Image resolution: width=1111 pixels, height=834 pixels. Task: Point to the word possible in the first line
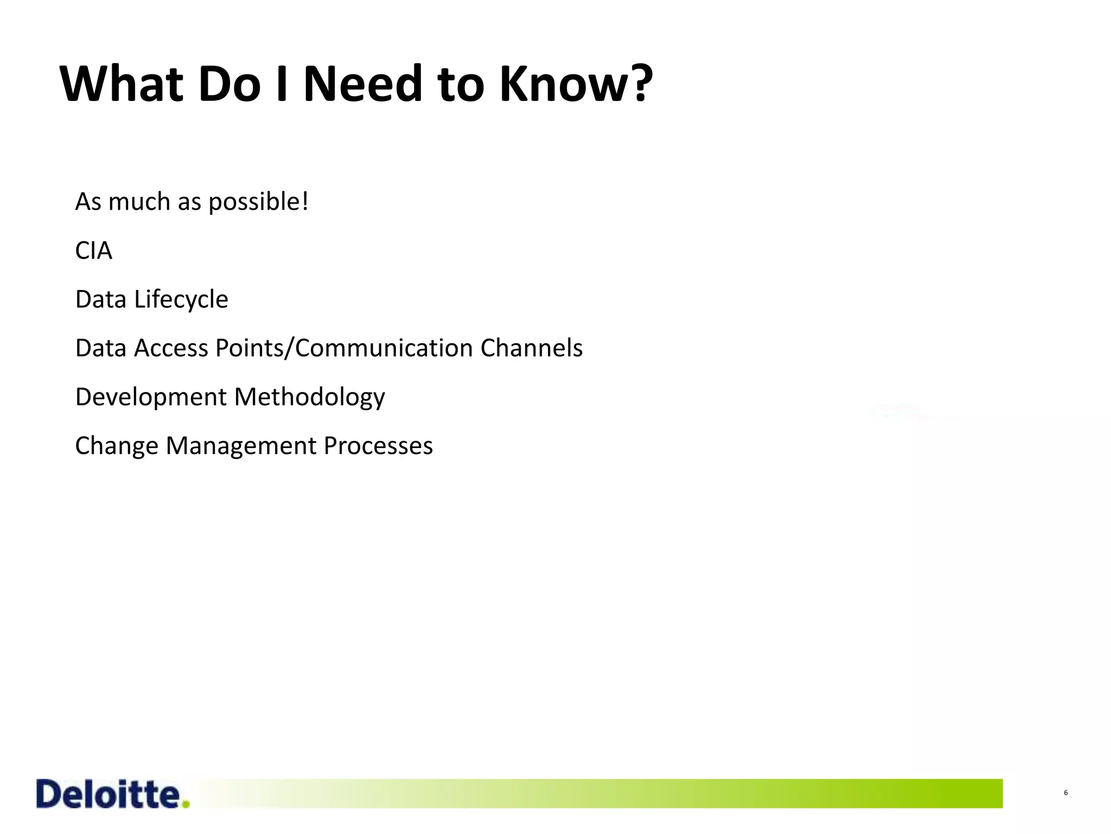[x=254, y=203]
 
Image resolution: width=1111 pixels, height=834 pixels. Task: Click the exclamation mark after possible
[x=305, y=201]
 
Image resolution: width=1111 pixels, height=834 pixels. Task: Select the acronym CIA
[x=93, y=251]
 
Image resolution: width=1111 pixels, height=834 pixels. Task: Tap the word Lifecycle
[x=181, y=300]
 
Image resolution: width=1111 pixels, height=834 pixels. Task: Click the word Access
[x=171, y=348]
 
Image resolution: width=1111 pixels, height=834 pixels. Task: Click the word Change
[x=116, y=446]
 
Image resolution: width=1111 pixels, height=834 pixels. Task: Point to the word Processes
[x=378, y=446]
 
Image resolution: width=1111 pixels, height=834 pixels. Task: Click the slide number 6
[x=1065, y=793]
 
